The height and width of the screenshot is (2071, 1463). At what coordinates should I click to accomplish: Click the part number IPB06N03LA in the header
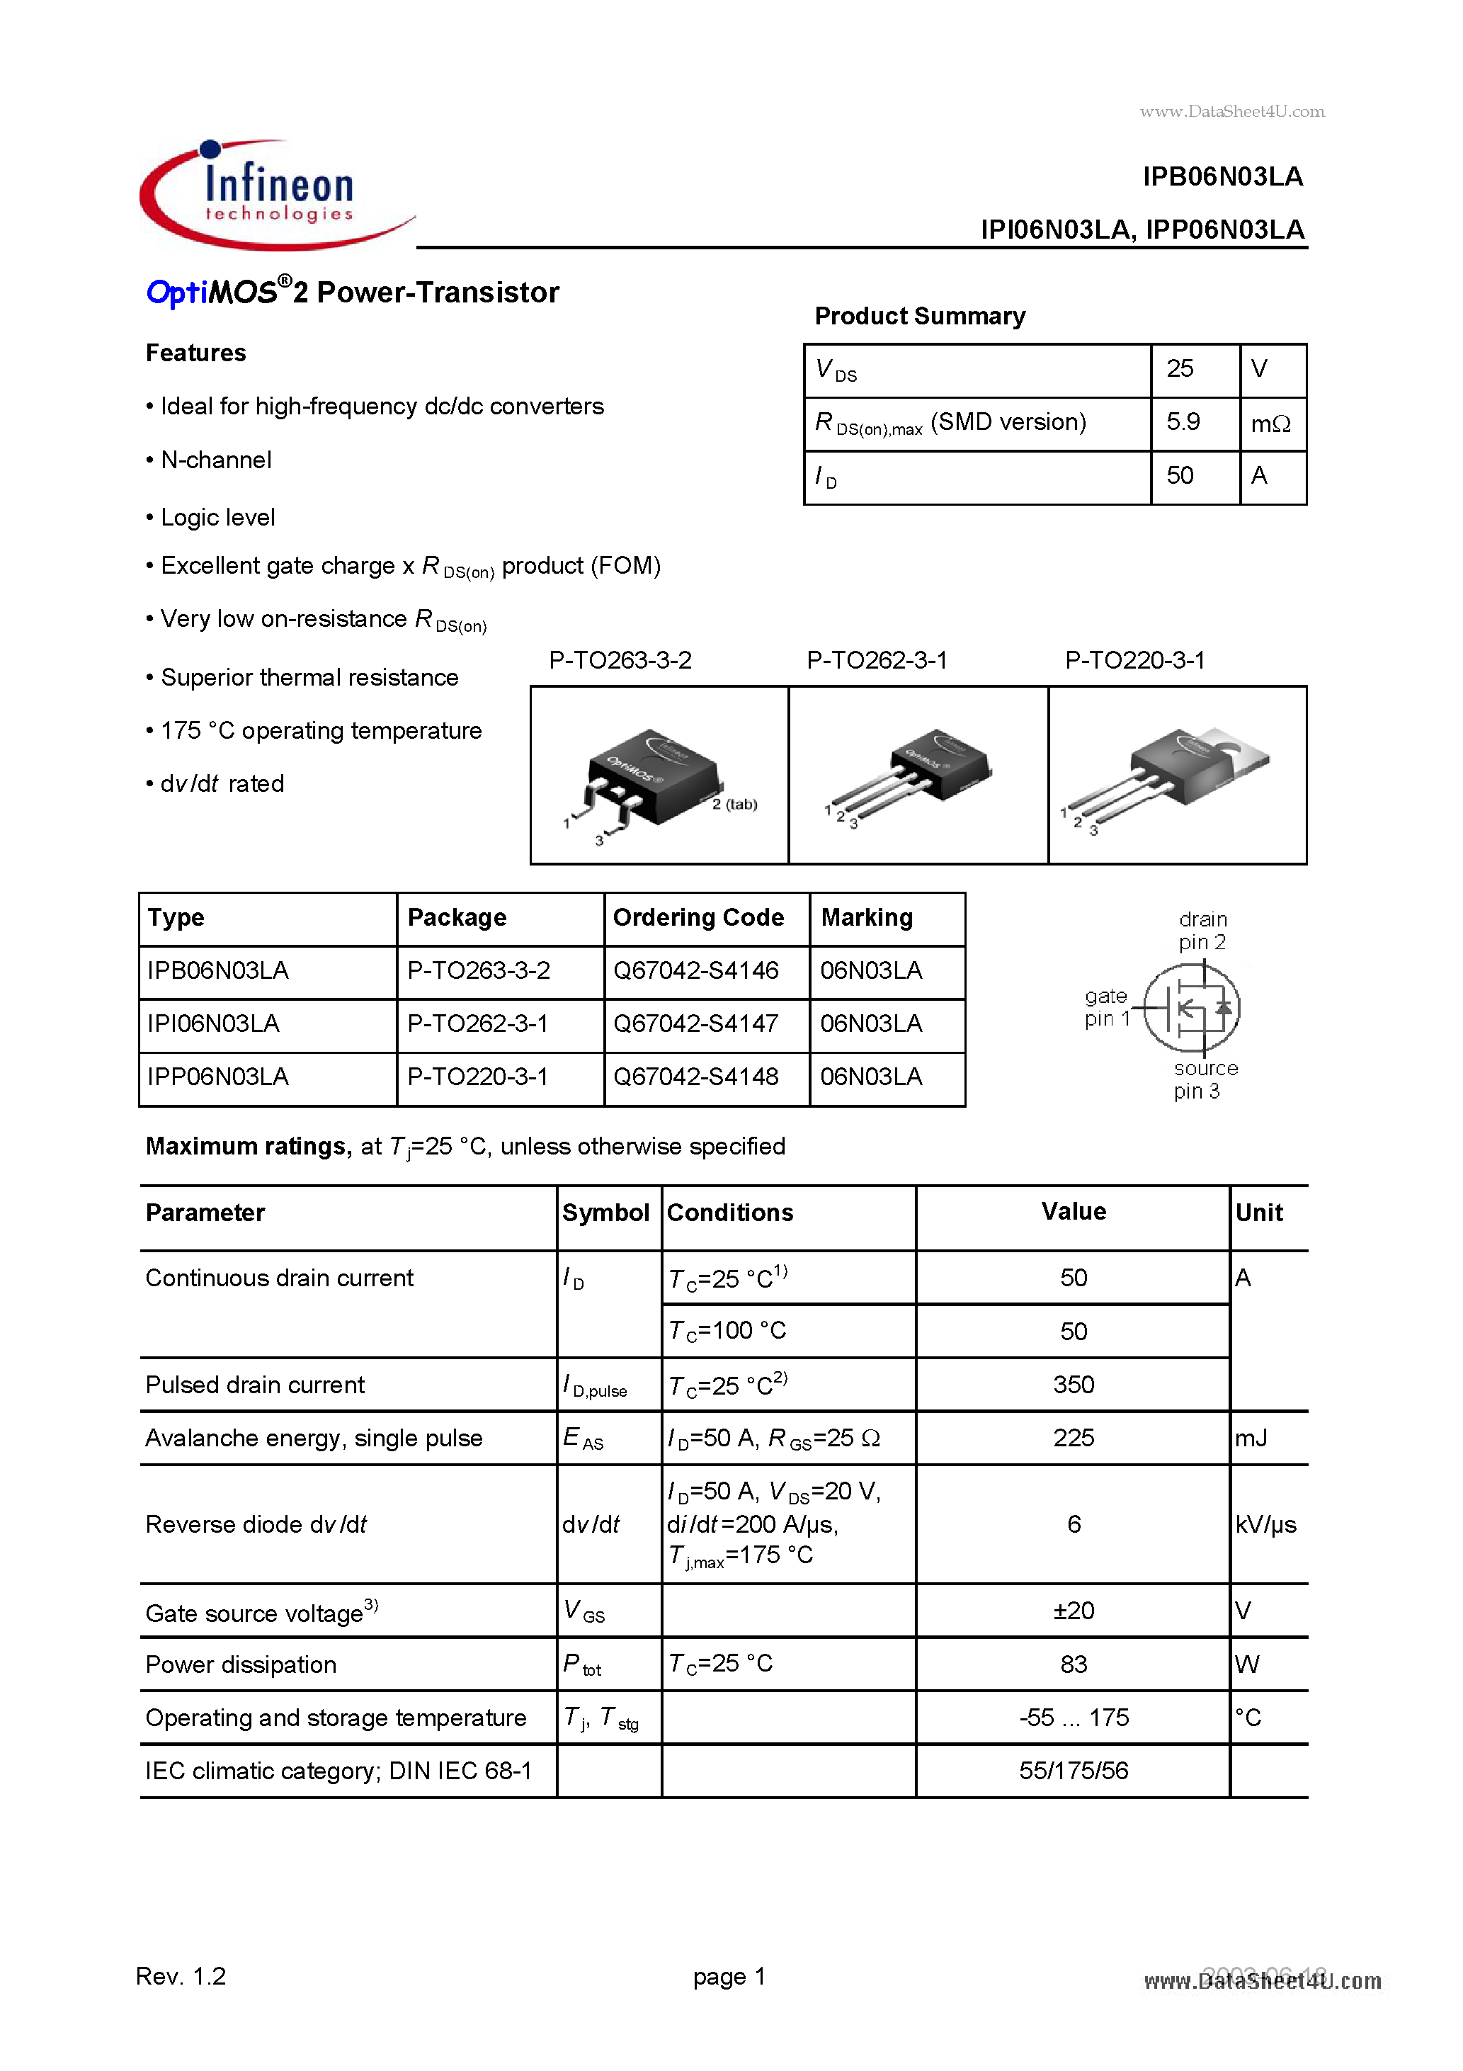(x=1222, y=177)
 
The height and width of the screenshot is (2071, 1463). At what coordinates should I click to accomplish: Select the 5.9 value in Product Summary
(x=1183, y=422)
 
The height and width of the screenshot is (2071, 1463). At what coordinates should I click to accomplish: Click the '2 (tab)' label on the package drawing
(x=734, y=805)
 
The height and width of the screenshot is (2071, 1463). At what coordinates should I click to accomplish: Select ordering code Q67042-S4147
(x=695, y=1023)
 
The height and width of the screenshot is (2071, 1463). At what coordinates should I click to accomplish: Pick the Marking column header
(x=866, y=917)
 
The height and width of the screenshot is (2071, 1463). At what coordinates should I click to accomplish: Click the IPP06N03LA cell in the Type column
(x=217, y=1077)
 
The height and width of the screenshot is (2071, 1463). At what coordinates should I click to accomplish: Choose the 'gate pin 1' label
(x=1106, y=1008)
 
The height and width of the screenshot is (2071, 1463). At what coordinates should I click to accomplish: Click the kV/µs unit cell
(x=1265, y=1524)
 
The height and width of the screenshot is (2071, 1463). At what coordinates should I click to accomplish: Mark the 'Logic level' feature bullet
(x=217, y=518)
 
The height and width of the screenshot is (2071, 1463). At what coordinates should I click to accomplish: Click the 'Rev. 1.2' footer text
(x=181, y=1976)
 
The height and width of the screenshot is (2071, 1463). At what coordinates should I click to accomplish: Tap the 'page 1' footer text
(x=729, y=1976)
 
